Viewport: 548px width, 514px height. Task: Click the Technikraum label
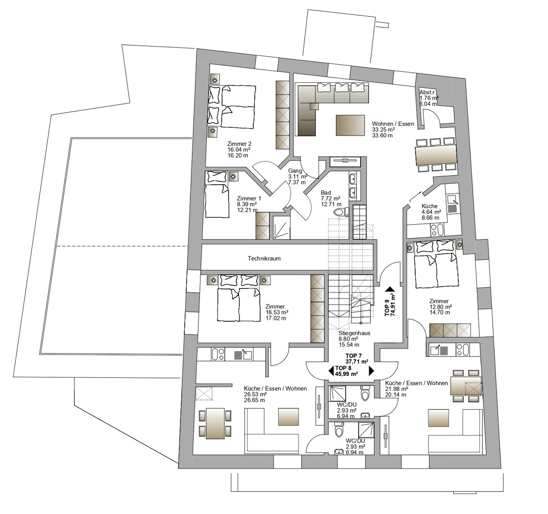[264, 258]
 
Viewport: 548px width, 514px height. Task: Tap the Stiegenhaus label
[354, 333]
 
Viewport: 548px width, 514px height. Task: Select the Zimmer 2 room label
[239, 144]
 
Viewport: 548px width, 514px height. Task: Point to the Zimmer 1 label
[249, 198]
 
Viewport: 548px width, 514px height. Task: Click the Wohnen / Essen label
[393, 124]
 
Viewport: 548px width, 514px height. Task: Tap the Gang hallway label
[295, 171]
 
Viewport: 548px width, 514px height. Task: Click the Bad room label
[326, 193]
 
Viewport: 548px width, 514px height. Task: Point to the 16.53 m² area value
[277, 312]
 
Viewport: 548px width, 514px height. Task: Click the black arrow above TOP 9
[389, 289]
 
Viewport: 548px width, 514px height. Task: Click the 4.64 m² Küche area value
[431, 212]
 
